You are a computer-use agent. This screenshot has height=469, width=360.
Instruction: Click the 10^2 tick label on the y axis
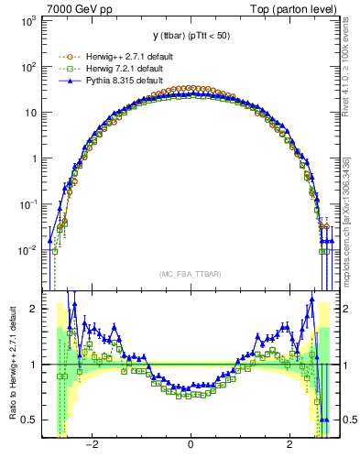(27, 66)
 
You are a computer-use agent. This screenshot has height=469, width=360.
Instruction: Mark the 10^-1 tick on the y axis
(27, 203)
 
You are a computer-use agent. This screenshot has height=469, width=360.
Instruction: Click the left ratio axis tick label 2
(35, 309)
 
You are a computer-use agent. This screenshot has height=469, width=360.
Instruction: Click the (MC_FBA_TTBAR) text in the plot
(190, 273)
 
